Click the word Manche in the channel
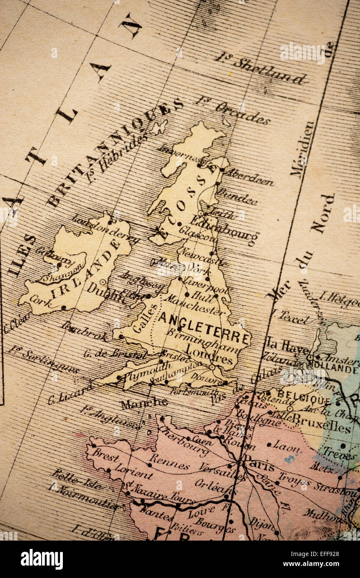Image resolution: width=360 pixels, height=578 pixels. [144, 403]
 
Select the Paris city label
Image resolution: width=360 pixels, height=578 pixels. [259, 463]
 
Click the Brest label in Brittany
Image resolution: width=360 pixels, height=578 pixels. [106, 454]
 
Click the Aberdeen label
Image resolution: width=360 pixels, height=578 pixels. [250, 176]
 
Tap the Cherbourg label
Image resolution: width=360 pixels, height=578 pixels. [183, 436]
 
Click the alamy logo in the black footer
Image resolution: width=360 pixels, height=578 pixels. [42, 559]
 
